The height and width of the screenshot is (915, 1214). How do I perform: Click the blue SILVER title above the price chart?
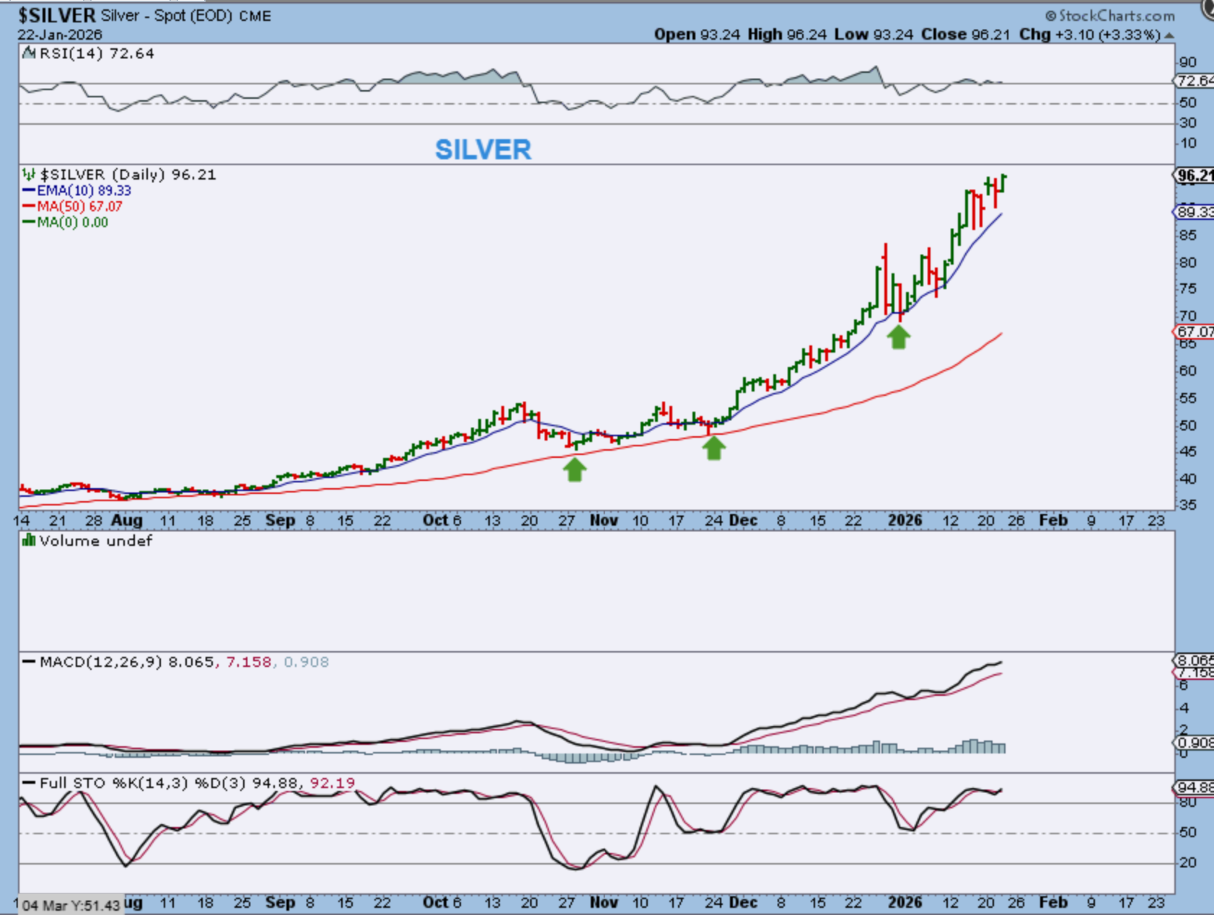(x=483, y=150)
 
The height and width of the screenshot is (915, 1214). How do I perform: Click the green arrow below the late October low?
(x=575, y=470)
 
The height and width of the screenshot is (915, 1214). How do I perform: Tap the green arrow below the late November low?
(x=713, y=448)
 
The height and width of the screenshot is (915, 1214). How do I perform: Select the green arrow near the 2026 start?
(x=898, y=337)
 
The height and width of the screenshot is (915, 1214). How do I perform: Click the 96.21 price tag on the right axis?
(x=1195, y=175)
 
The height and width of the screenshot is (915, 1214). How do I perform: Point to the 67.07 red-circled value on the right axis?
(x=1195, y=332)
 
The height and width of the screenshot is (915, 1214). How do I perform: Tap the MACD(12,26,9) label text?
(x=101, y=662)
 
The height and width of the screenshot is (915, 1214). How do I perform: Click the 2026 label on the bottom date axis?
(x=905, y=902)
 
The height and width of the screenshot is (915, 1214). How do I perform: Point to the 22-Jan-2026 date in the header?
(x=60, y=35)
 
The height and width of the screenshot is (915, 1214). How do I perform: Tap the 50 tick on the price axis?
(x=1187, y=425)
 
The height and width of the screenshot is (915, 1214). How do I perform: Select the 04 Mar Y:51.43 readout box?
(x=70, y=905)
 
